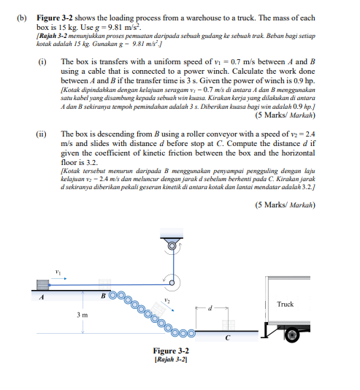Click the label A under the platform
[x=42, y=295]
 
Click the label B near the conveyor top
[x=104, y=294]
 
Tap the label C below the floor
[x=229, y=337]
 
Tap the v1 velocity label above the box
[x=58, y=272]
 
